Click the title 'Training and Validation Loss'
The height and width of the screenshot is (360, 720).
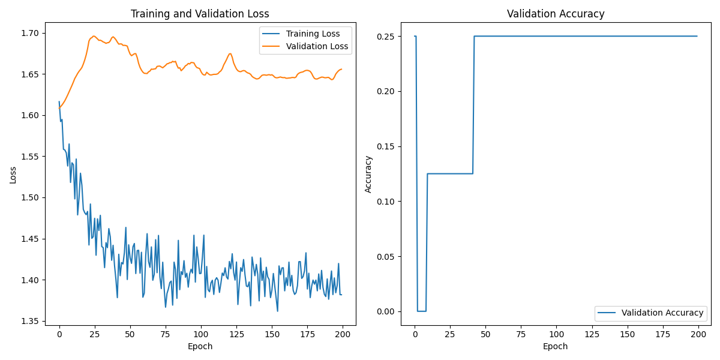(200, 14)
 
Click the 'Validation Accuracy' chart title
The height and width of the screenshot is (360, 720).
(556, 14)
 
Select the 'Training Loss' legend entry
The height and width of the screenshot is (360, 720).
(313, 34)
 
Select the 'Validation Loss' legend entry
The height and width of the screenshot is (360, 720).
(317, 46)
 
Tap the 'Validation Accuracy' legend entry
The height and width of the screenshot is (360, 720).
(662, 313)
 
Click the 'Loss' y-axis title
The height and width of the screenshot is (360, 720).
(13, 175)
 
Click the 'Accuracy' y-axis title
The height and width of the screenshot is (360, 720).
(368, 175)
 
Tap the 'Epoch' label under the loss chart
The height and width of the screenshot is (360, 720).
(200, 346)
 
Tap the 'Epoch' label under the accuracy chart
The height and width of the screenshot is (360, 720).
(556, 346)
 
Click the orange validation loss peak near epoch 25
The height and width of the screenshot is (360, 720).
(94, 36)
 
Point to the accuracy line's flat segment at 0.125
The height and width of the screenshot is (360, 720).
(450, 173)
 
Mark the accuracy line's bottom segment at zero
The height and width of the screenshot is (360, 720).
(421, 311)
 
